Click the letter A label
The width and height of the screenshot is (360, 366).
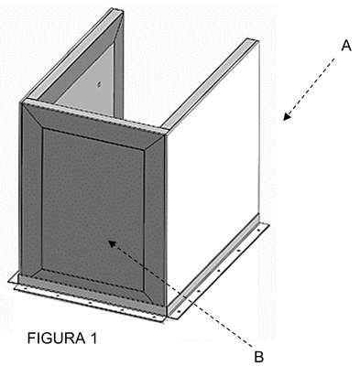346,46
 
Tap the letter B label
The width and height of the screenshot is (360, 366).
258,357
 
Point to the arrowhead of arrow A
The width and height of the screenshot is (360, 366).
287,116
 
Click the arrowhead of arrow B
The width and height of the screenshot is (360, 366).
113,243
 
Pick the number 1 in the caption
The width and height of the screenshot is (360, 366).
93,338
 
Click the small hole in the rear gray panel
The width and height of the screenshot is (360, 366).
98,84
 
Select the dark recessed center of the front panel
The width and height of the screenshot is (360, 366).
93,209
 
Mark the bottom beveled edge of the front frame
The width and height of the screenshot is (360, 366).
92,286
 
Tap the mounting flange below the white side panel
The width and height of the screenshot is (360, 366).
218,268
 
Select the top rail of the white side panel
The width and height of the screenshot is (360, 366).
211,83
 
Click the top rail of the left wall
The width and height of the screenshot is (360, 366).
71,55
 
